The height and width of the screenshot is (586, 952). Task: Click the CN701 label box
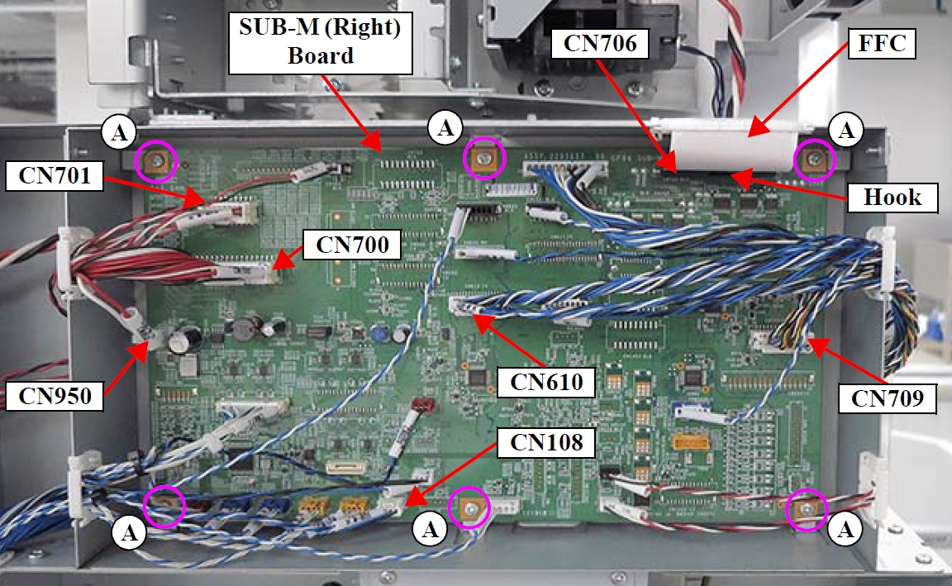tap(54, 176)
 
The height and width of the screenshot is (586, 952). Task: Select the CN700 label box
tap(352, 244)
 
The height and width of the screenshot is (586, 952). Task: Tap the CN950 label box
tap(54, 395)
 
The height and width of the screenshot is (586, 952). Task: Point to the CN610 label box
tap(546, 382)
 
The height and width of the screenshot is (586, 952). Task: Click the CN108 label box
tap(546, 442)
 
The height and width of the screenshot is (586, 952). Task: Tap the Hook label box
tap(892, 197)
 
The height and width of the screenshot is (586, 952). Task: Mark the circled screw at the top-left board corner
tap(155, 161)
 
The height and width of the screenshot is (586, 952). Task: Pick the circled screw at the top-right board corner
tap(815, 160)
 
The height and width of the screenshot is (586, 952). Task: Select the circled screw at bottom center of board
tap(469, 507)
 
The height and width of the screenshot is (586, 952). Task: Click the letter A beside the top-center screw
tap(446, 128)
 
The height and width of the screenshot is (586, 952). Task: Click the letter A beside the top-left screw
tap(117, 131)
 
